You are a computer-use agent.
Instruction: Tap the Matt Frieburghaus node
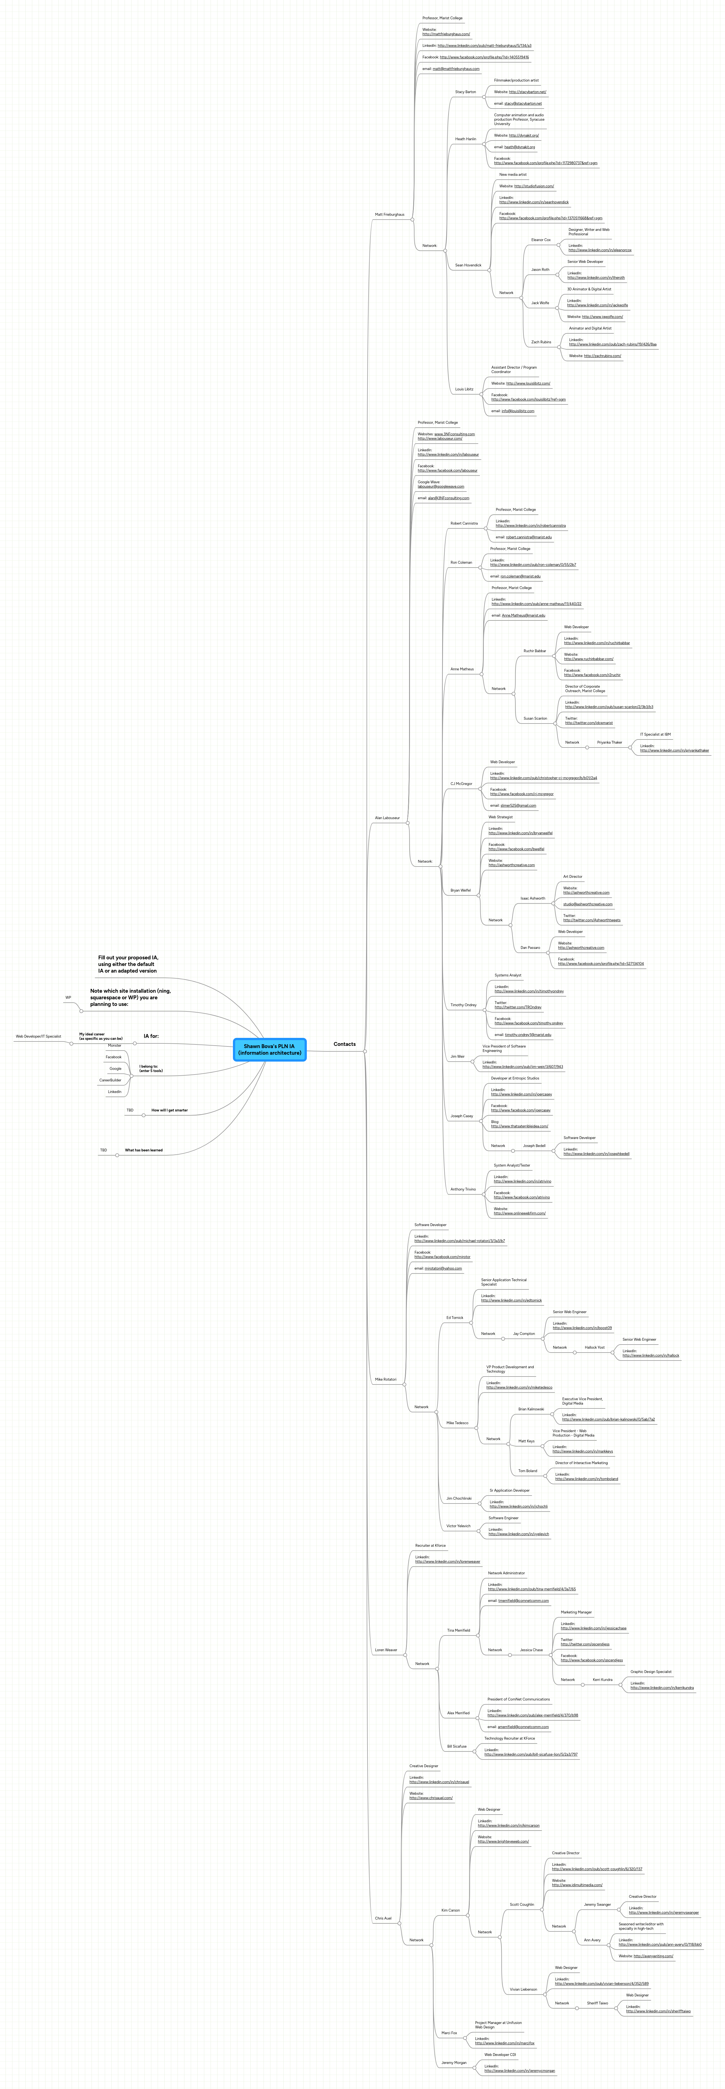(389, 215)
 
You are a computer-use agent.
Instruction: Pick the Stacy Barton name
(466, 93)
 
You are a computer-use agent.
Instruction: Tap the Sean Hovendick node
(468, 265)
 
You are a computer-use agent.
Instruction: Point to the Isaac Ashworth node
(533, 898)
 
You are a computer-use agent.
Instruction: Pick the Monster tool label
(114, 1045)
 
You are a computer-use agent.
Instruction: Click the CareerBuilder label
(110, 1080)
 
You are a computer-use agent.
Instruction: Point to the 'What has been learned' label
(144, 1150)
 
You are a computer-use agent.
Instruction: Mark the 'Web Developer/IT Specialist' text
(38, 1037)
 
